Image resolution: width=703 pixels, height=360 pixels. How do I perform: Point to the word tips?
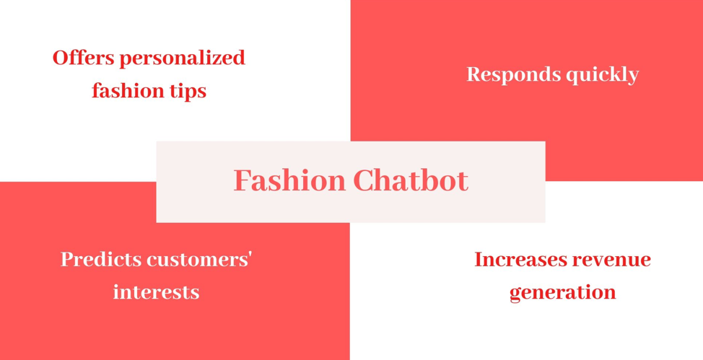point(190,92)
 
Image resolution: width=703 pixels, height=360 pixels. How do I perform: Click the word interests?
point(156,292)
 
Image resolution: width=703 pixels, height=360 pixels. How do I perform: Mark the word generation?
point(563,293)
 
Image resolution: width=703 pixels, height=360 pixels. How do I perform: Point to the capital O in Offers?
point(61,58)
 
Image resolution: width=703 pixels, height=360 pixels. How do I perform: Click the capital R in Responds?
point(475,74)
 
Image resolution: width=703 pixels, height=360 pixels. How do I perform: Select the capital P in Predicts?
point(68,260)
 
